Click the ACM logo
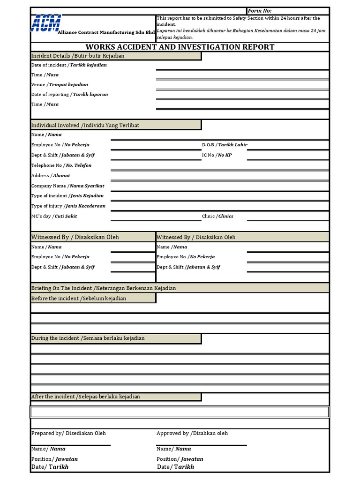(46, 22)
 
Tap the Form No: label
(259, 11)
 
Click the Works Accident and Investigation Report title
(180, 47)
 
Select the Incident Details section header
(78, 56)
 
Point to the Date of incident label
(69, 65)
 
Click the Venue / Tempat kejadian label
(60, 85)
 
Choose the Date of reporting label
(69, 95)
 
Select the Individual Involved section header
(85, 125)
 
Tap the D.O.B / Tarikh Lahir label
(225, 145)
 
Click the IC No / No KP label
(217, 155)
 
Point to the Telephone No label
(61, 165)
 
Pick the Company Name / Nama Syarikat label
(67, 186)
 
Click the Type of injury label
(68, 206)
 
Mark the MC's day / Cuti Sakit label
(54, 217)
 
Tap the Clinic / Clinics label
(217, 217)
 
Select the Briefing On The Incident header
(104, 288)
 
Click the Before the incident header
(79, 299)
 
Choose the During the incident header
(88, 338)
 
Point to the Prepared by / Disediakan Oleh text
(68, 434)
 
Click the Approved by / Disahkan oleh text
(192, 434)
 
